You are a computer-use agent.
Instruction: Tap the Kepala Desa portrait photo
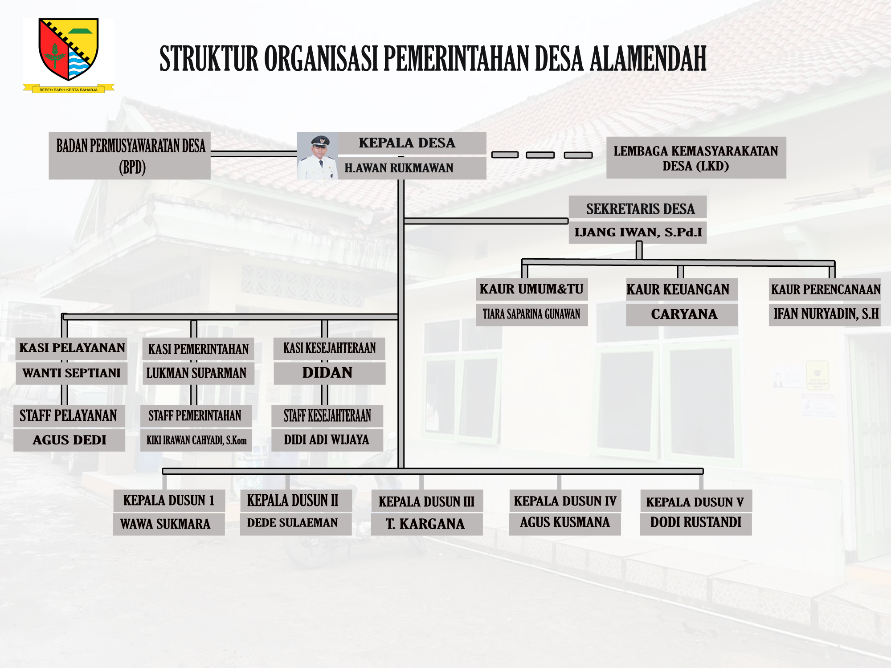(318, 156)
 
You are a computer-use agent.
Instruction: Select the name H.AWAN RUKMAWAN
(399, 168)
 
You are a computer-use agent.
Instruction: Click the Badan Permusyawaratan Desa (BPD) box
(130, 156)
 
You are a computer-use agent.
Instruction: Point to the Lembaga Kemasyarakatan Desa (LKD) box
(696, 158)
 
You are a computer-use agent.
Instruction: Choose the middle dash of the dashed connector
(540, 155)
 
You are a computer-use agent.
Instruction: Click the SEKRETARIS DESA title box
(638, 208)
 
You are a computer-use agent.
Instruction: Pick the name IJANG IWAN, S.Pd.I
(638, 232)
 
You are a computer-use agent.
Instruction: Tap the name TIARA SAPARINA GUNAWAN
(531, 314)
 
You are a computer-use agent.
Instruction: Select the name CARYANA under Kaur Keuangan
(684, 314)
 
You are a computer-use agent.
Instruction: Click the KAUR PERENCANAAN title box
(825, 289)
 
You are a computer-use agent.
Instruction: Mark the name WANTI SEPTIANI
(71, 373)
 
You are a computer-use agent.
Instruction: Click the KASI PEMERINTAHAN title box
(198, 349)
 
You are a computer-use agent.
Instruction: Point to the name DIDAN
(327, 373)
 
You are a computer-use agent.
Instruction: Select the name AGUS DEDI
(69, 440)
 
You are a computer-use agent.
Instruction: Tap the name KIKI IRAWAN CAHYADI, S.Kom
(196, 440)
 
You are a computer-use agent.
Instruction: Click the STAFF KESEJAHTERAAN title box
(327, 416)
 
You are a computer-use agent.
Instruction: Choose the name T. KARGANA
(425, 524)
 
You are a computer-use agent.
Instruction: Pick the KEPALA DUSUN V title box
(696, 501)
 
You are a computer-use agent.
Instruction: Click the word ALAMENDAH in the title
(649, 59)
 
